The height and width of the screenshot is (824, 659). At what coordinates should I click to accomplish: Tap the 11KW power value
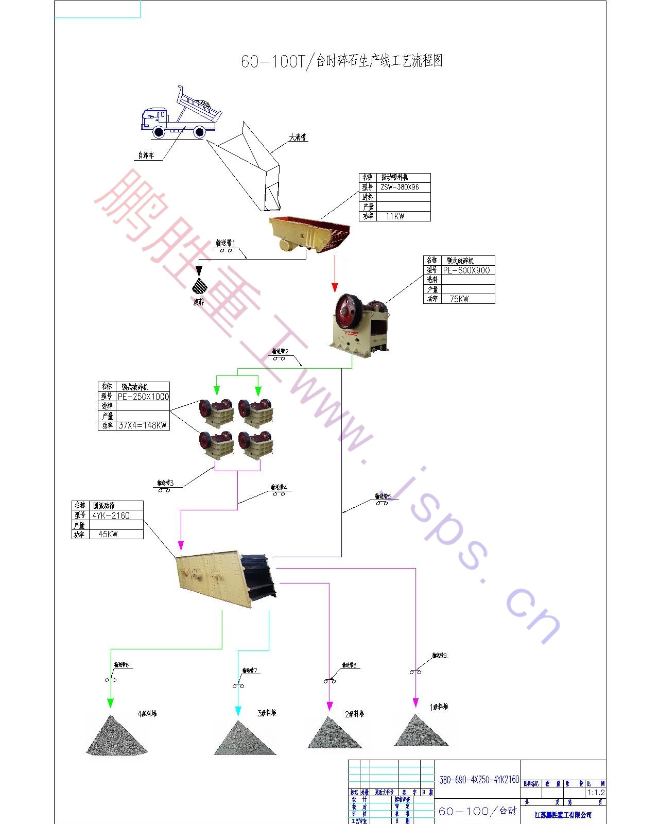(x=395, y=216)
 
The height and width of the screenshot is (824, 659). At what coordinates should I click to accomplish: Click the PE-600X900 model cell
(x=466, y=270)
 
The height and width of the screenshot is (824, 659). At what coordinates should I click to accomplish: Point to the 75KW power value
(x=459, y=299)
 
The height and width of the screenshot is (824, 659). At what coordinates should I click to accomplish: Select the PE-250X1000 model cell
(x=143, y=397)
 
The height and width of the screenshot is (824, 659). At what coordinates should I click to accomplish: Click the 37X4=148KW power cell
(x=143, y=425)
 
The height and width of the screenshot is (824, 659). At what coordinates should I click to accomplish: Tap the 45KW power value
(x=108, y=535)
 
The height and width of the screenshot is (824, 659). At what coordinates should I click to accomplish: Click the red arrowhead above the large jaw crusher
(x=335, y=287)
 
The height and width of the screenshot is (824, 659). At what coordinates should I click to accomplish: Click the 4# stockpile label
(x=147, y=714)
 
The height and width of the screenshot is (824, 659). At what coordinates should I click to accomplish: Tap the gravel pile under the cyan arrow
(x=244, y=739)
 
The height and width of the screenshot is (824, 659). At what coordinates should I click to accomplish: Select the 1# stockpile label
(x=439, y=707)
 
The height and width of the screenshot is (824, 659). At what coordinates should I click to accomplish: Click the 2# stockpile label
(x=354, y=714)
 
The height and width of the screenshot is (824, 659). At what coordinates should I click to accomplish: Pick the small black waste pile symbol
(x=199, y=286)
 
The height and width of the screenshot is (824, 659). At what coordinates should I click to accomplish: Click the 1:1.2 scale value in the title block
(x=596, y=793)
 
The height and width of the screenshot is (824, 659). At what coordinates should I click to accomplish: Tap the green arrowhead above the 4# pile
(x=110, y=703)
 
